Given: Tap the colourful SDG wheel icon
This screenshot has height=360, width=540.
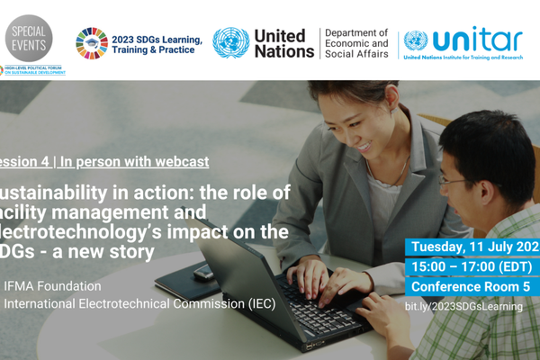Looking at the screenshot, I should click(91, 42).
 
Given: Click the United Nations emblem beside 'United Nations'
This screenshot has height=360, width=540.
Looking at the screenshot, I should click(230, 42).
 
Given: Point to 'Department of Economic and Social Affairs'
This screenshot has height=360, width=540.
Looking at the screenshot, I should click(356, 42).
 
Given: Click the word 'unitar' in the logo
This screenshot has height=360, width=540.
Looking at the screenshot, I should click(477, 39).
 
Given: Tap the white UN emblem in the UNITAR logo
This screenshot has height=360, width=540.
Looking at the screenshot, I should click(415, 40).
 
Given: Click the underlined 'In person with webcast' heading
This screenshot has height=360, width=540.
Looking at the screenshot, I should click(134, 162).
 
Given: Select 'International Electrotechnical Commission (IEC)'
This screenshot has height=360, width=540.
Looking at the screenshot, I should click(139, 303).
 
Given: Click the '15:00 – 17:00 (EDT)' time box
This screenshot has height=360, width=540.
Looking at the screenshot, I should click(472, 267).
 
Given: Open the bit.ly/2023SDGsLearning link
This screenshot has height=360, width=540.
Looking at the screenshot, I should click(463, 307).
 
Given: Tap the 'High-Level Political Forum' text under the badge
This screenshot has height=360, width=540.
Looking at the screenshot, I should click(33, 70).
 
